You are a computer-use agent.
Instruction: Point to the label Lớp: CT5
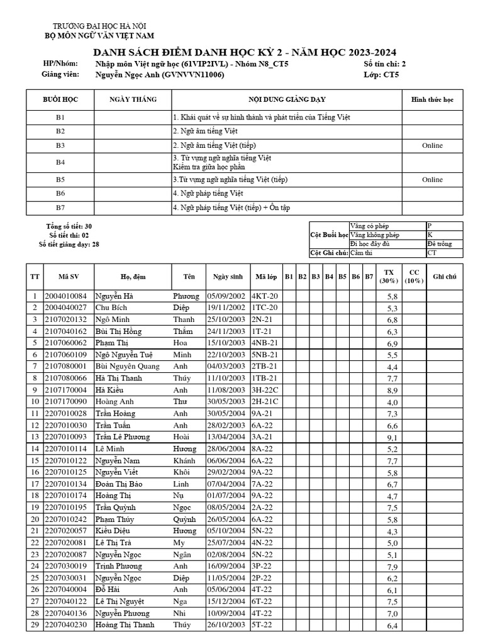pos(381,75)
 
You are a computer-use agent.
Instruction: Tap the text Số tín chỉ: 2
pos(385,64)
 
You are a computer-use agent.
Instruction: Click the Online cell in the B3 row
pos(432,145)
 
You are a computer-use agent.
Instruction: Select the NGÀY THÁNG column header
pos(133,99)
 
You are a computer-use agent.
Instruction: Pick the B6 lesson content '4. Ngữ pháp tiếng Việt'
pos(208,193)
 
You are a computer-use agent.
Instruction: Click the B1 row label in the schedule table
pos(60,118)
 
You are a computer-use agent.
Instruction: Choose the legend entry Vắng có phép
pos(370,226)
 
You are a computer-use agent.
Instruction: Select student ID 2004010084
pos(65,296)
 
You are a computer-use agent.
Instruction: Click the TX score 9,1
pos(392,438)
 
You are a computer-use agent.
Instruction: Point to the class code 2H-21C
pos(264,402)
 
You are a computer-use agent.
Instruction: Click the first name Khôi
pos(181,472)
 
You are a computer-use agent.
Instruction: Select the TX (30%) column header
pos(391,276)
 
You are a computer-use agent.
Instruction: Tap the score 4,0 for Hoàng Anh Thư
pos(392,402)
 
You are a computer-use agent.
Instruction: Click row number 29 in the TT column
pos(35,625)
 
